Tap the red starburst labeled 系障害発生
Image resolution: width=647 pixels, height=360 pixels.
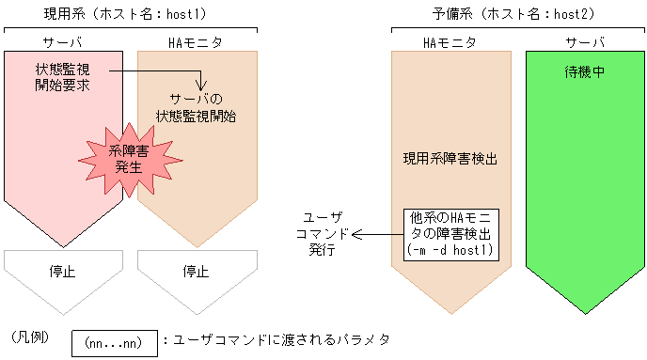pos(127,159)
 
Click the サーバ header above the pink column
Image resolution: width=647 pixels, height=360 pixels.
pos(65,42)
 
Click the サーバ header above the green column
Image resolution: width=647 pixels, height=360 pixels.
pos(585,42)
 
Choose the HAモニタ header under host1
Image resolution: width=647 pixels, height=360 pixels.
pos(196,42)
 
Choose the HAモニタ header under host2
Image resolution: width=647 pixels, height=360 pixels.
pos(450,42)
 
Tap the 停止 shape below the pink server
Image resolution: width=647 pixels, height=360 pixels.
pos(64,272)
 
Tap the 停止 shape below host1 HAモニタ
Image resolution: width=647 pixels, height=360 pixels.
pos(196,272)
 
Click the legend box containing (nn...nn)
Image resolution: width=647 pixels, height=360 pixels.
pos(113,343)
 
